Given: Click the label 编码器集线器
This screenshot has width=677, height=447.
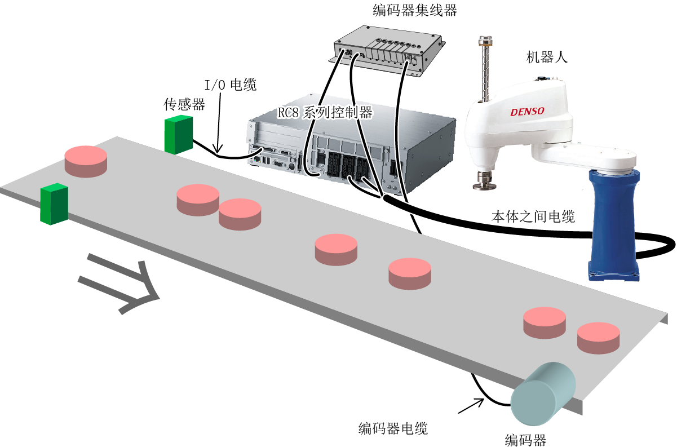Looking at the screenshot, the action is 415,11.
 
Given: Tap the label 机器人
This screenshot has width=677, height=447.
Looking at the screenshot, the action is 547,57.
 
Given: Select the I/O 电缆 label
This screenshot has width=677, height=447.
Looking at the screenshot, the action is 231,85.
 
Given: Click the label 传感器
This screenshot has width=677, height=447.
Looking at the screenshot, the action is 184,105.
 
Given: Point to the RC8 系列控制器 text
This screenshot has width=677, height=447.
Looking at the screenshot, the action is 325,113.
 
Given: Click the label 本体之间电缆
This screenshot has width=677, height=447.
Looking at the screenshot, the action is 533,216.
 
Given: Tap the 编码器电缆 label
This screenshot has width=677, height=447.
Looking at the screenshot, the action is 393,428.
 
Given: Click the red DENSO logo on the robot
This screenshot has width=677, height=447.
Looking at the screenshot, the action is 528,112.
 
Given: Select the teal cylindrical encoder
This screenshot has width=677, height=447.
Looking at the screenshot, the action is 543,393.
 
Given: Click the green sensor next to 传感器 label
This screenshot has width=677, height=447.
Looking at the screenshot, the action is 179,135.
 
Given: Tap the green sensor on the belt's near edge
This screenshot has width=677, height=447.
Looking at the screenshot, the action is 54,204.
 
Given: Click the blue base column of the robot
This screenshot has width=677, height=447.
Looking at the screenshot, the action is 614,225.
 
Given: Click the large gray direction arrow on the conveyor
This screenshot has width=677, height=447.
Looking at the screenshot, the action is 119,283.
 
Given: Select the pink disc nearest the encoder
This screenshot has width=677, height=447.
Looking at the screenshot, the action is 599,338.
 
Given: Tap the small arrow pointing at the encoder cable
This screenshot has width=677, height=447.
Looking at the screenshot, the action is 471,406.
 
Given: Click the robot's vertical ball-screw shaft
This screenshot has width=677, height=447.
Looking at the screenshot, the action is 485,69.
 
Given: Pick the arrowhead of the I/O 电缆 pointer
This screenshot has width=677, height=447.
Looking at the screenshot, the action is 217,149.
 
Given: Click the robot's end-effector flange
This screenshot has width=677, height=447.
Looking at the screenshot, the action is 485,182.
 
